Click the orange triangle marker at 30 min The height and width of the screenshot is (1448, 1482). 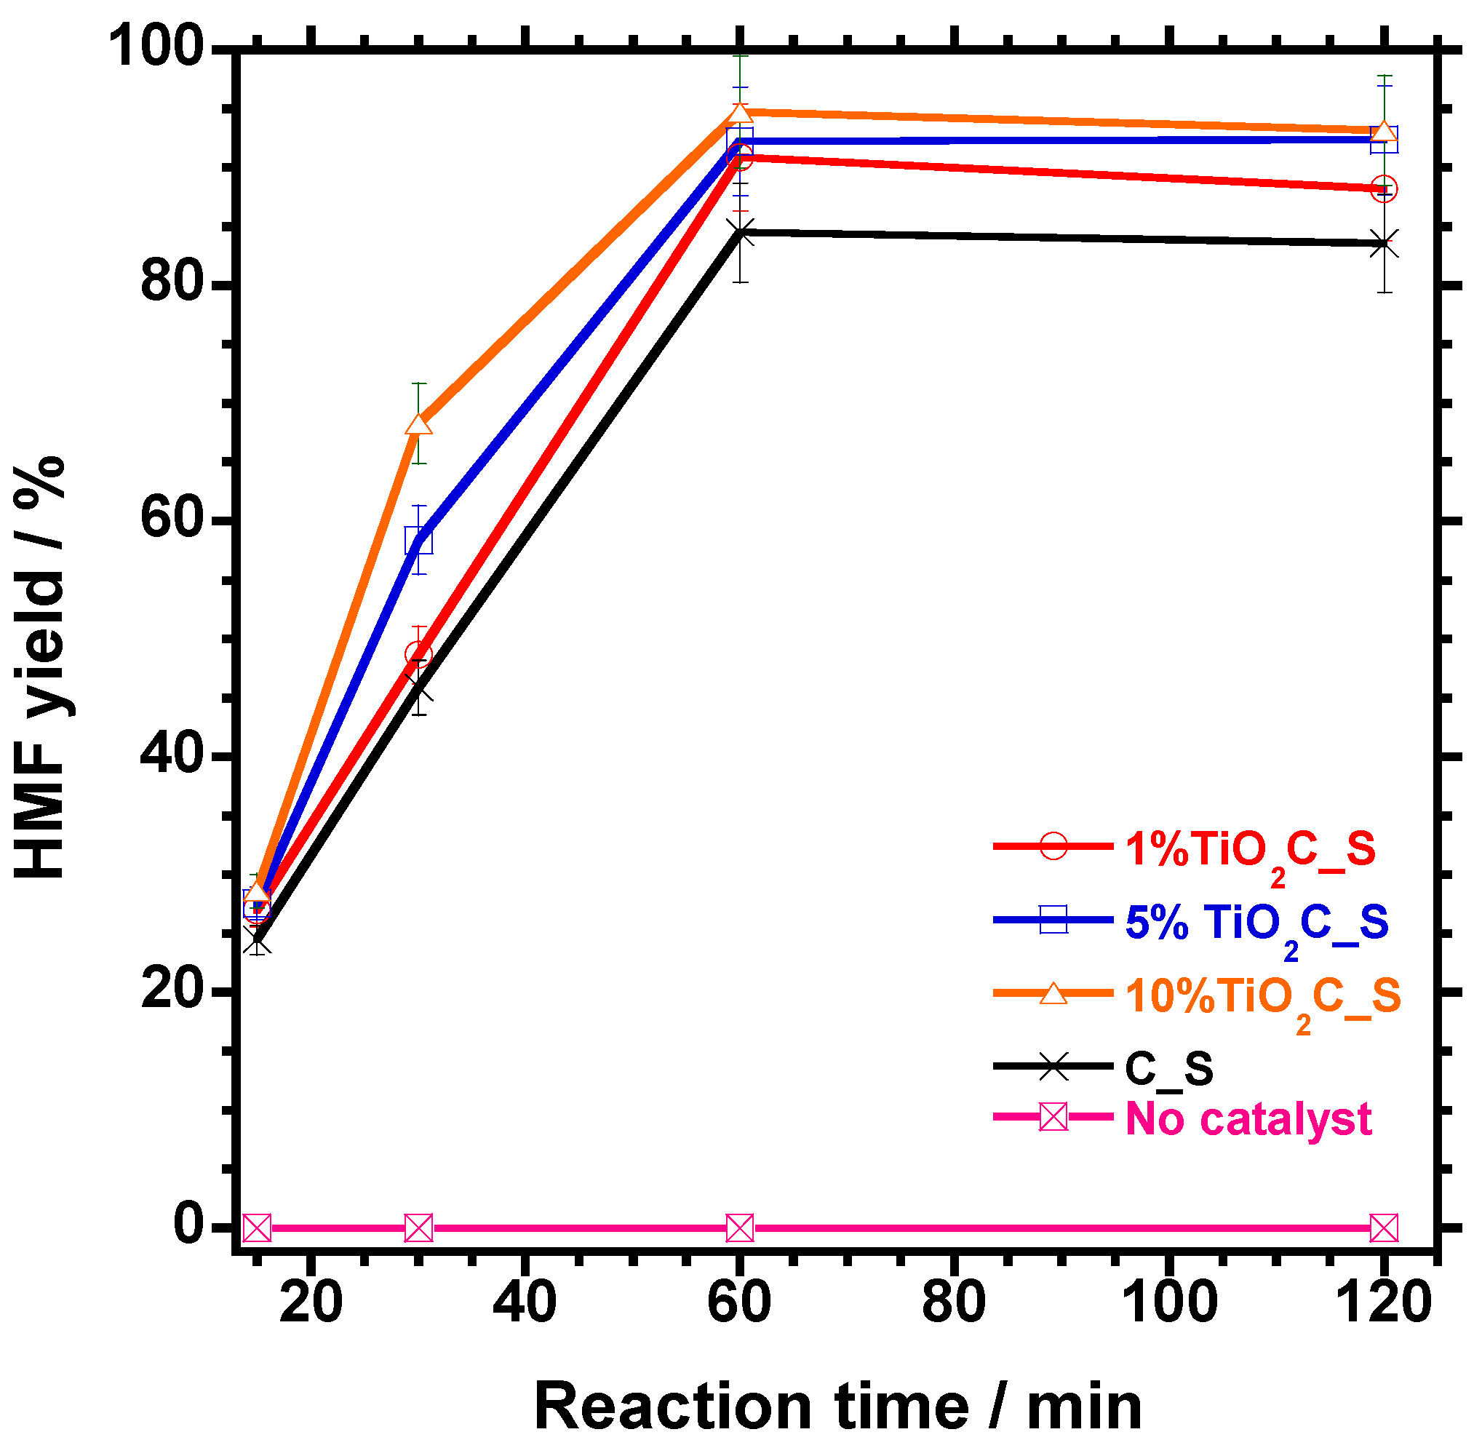coord(419,424)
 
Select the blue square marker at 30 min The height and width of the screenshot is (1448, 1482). coord(419,541)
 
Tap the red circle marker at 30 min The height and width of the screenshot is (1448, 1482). coord(419,654)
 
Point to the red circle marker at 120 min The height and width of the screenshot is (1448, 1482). coord(1383,189)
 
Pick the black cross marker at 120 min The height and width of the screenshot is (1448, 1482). coord(1383,244)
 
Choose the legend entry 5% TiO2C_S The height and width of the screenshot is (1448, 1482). coord(1256,923)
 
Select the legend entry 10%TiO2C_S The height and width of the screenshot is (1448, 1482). coord(1262,996)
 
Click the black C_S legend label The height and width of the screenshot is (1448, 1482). coord(1168,1068)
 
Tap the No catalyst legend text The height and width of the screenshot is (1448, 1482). coord(1248,1118)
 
